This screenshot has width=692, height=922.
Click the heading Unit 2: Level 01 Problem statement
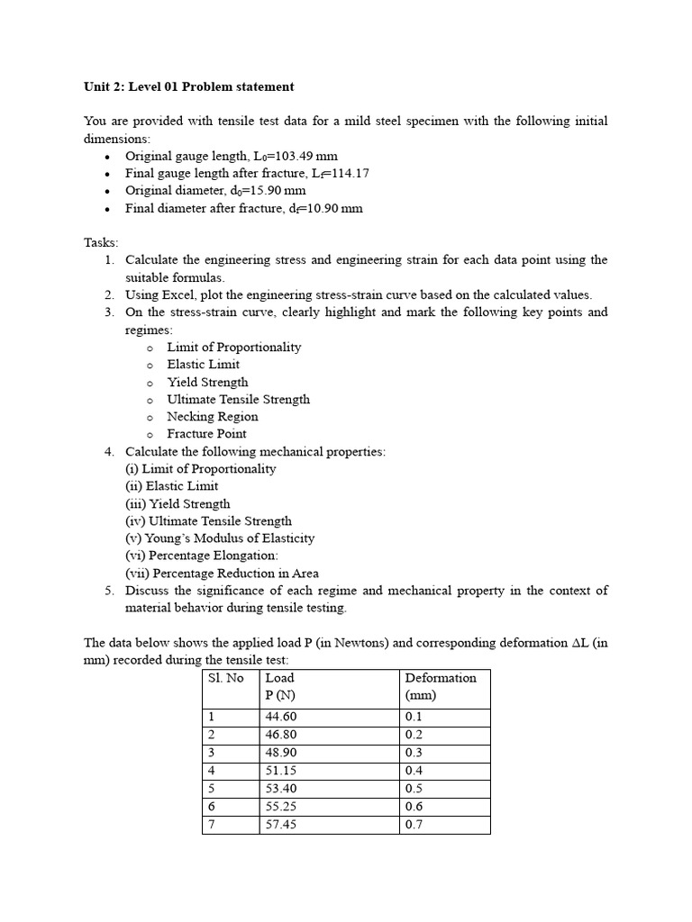click(x=188, y=87)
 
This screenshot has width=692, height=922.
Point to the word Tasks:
click(x=101, y=243)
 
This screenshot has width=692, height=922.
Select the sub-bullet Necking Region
click(x=213, y=417)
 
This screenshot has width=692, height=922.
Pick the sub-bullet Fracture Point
click(x=206, y=434)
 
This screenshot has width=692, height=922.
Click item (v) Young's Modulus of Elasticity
click(x=220, y=538)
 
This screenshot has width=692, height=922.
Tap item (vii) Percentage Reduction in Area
click(x=222, y=574)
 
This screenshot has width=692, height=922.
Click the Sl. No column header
click(x=225, y=678)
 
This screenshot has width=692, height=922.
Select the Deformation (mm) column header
click(x=441, y=686)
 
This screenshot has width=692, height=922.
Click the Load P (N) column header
click(x=280, y=686)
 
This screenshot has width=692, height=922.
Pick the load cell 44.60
click(x=281, y=718)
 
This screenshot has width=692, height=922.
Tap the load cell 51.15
click(x=281, y=772)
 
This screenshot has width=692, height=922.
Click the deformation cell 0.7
click(x=414, y=825)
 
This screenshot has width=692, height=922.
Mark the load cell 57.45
click(x=281, y=825)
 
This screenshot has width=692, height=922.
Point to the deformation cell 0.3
click(x=414, y=754)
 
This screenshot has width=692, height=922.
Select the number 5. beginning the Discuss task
click(x=108, y=591)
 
